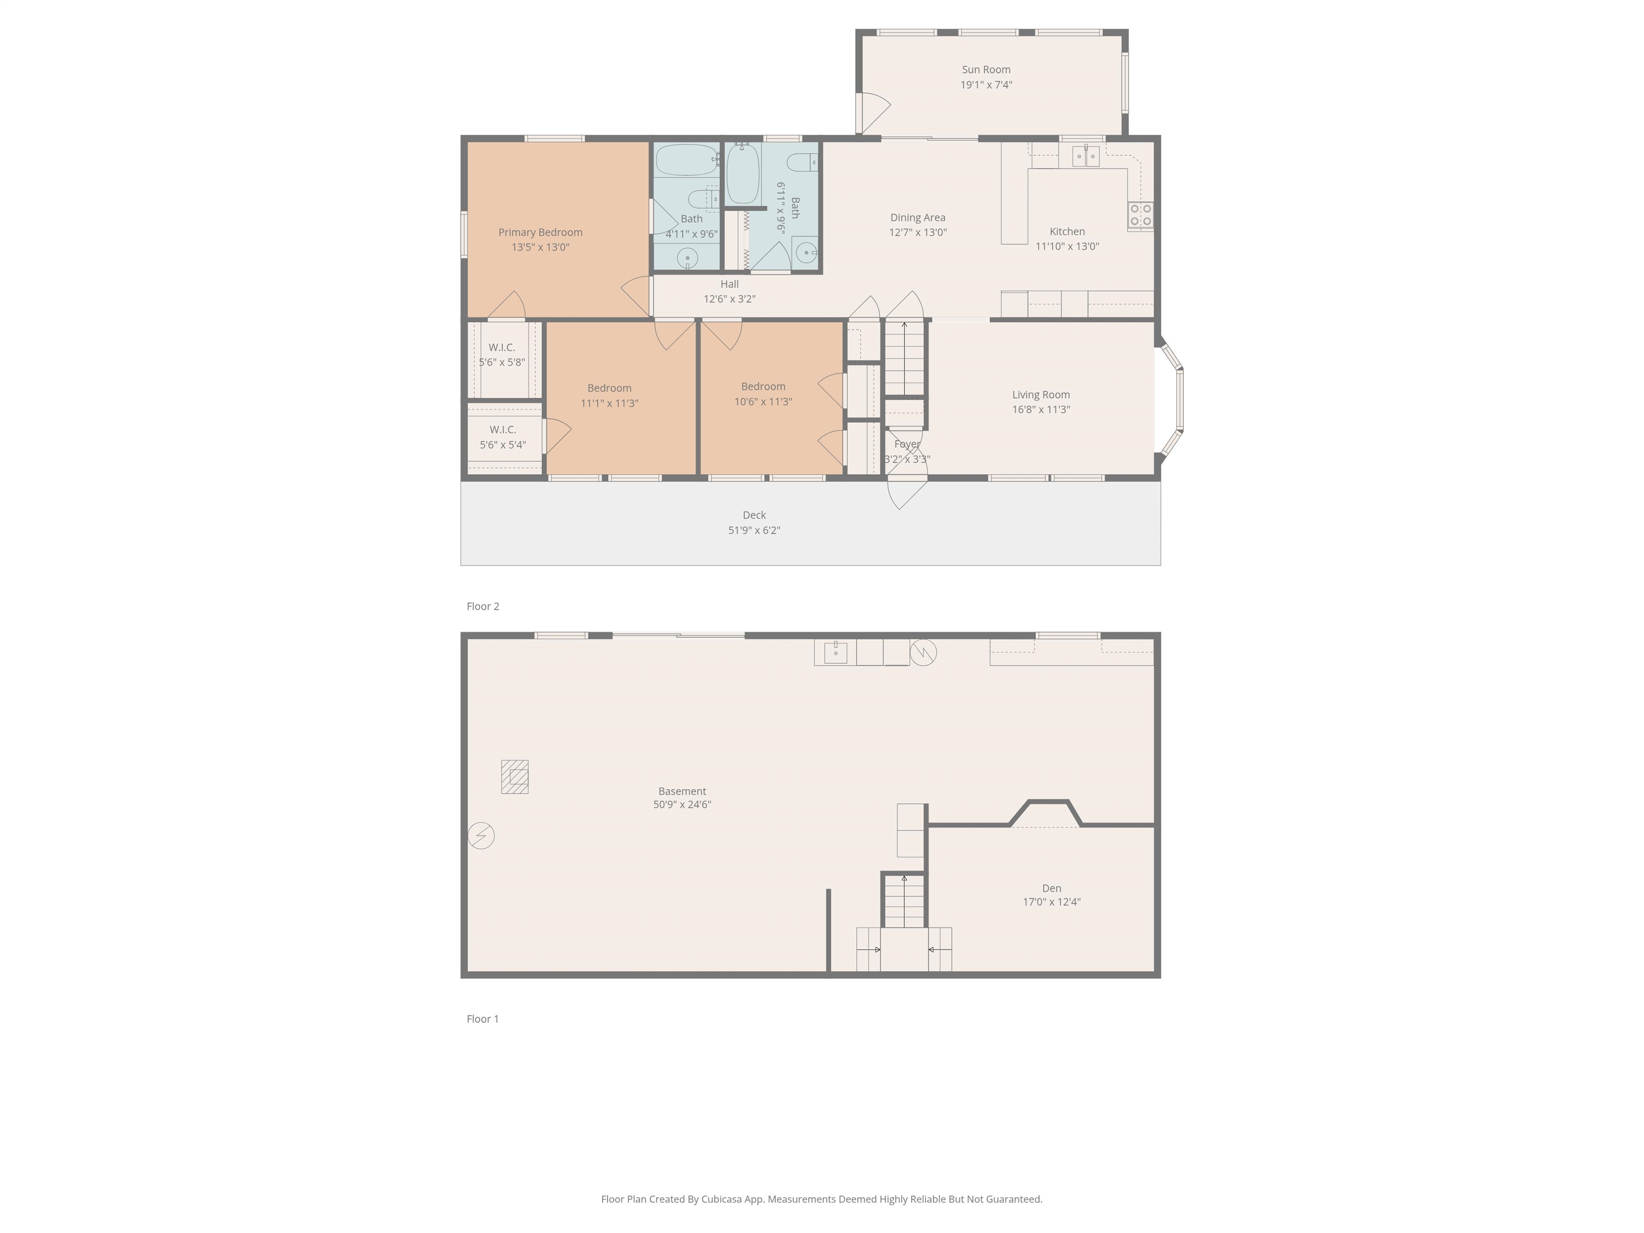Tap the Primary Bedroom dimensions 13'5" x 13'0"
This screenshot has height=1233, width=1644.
(541, 247)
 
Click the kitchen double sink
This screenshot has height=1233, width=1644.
(1085, 156)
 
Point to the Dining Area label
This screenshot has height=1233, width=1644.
(918, 218)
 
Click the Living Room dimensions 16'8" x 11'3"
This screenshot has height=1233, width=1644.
(1040, 409)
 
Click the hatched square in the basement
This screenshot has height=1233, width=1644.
(514, 777)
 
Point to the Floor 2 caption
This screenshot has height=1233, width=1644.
(483, 606)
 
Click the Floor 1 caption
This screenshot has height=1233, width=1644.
(483, 1019)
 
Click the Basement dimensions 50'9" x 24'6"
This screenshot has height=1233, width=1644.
(682, 805)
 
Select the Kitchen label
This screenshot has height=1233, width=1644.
(1067, 232)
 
